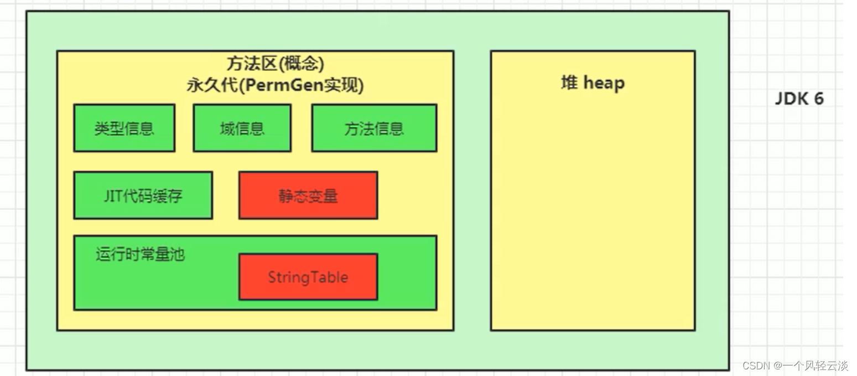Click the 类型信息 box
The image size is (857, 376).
(x=124, y=128)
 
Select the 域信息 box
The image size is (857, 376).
(x=242, y=128)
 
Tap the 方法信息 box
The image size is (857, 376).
(x=374, y=128)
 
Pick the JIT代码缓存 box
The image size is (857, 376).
(x=143, y=195)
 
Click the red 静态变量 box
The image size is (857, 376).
(x=308, y=195)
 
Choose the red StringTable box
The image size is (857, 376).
(x=308, y=277)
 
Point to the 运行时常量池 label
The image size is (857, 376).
(x=140, y=254)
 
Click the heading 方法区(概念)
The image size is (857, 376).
(x=275, y=64)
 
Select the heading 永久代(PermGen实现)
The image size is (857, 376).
(x=275, y=85)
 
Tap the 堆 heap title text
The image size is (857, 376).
(x=593, y=83)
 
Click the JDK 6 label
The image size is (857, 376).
(x=799, y=99)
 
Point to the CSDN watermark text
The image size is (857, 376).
(x=795, y=365)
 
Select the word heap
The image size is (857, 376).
(x=604, y=83)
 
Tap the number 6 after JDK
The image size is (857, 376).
(x=818, y=99)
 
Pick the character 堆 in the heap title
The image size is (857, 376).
(x=569, y=83)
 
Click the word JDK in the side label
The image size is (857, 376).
(x=790, y=99)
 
